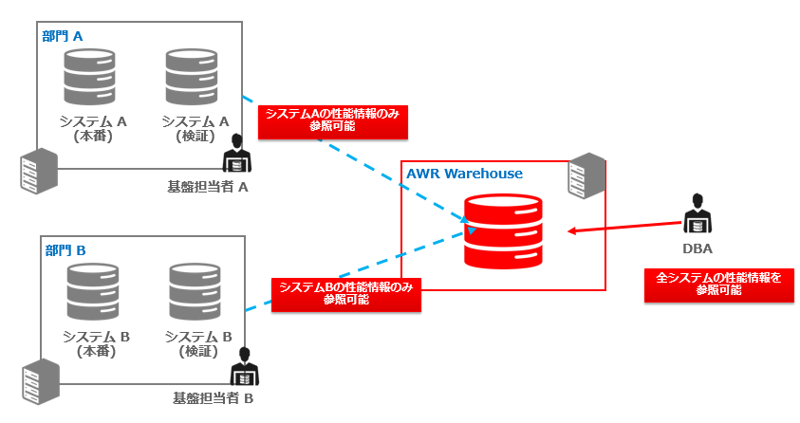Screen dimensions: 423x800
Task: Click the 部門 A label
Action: point(63,35)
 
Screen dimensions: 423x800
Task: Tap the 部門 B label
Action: point(65,250)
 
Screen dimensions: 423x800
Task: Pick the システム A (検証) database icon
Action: point(191,79)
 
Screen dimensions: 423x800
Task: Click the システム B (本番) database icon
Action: point(92,294)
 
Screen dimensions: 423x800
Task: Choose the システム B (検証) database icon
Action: point(195,294)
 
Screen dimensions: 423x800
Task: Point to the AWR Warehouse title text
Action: point(464,174)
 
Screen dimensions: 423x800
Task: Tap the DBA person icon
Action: point(698,213)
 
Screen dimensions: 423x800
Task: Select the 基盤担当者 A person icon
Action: point(234,151)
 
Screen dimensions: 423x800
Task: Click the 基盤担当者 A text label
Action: point(207,186)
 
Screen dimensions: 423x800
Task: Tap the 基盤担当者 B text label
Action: point(213,398)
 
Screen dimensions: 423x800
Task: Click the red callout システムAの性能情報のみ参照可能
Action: point(327,120)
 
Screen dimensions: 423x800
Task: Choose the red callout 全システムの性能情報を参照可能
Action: point(718,285)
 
